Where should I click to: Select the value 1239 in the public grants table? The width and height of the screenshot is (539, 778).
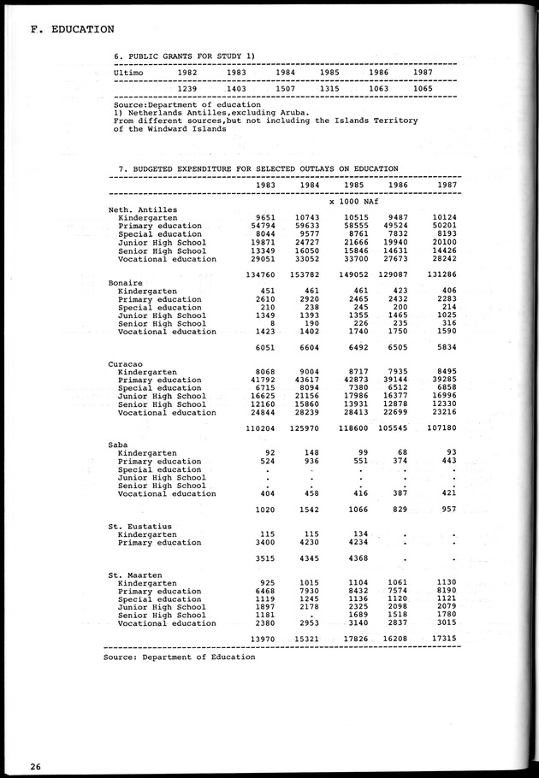coord(188,89)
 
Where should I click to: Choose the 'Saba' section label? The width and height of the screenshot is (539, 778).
coord(119,445)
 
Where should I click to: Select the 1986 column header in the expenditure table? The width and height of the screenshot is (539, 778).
coord(397,185)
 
